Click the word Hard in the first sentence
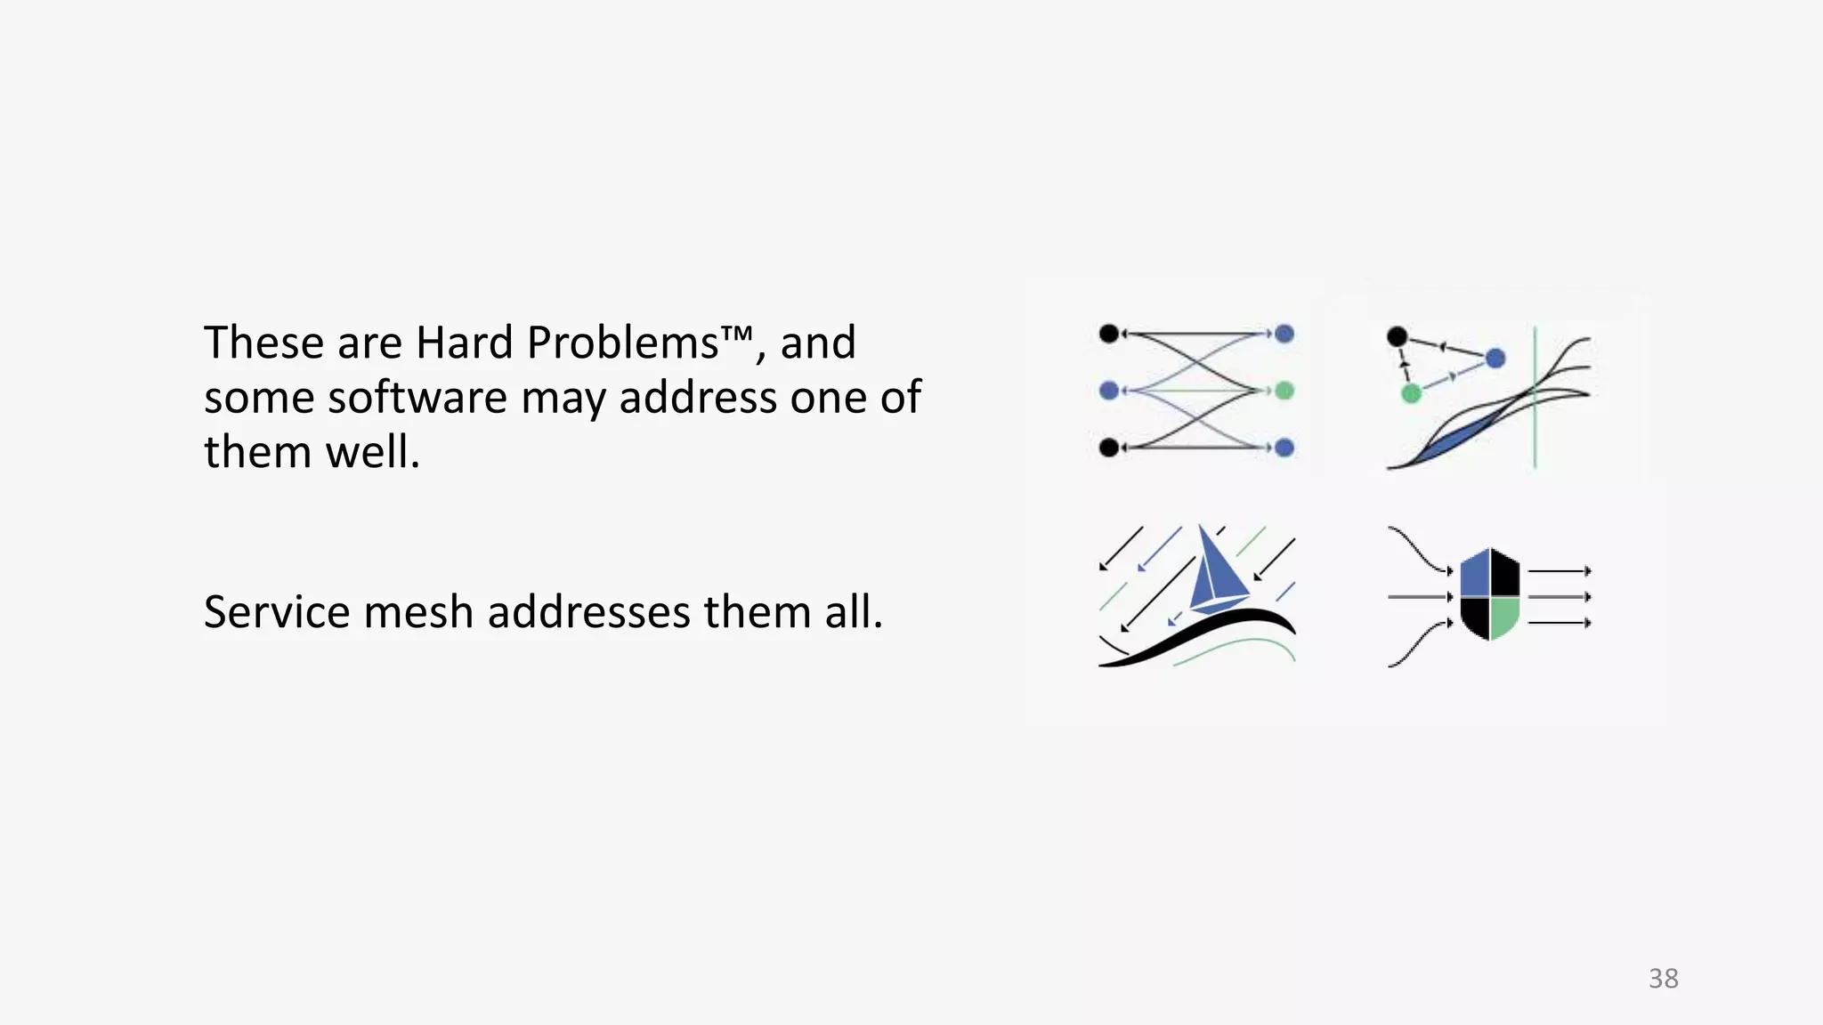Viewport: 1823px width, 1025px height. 465,343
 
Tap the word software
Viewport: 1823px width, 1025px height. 417,397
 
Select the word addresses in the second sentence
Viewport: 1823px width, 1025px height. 588,612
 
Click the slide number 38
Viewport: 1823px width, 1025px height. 1663,979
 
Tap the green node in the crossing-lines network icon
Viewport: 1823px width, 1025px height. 1284,391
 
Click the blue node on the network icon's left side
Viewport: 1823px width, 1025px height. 1109,391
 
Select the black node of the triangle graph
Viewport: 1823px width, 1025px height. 1398,337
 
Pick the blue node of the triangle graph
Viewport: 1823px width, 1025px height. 1495,359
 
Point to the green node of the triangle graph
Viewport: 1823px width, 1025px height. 1411,393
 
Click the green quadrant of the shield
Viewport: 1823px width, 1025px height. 1503,616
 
